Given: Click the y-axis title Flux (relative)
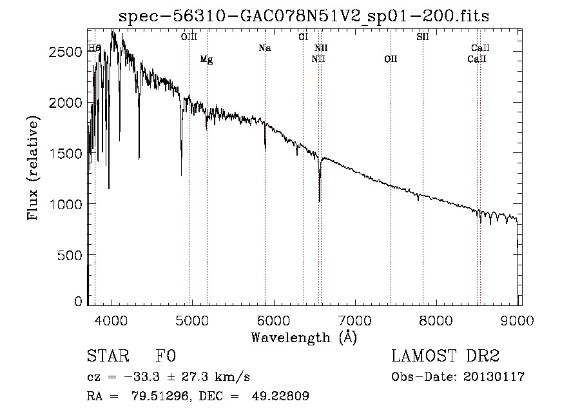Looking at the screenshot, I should point(34,168).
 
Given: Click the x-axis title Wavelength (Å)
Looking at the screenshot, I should point(304,337).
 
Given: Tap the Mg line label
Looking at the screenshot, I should point(206,59).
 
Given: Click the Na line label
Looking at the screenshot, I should point(264,48).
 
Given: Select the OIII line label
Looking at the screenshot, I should point(189,37).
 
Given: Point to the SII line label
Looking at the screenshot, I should point(423,37).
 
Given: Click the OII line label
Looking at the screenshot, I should point(391,59).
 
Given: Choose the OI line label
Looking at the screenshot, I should point(303,37).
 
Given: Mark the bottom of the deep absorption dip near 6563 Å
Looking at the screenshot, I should point(320,201).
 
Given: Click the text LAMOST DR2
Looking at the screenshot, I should point(445,356).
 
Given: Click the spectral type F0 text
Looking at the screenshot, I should point(166,356).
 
